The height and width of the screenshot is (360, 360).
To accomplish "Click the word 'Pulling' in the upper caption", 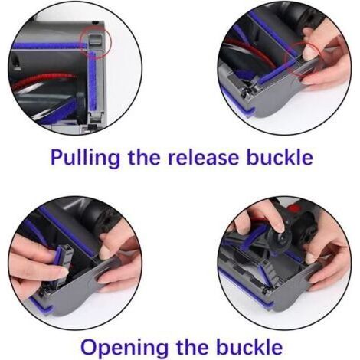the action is tap(85, 158).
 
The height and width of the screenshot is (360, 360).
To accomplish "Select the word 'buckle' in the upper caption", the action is tap(280, 157).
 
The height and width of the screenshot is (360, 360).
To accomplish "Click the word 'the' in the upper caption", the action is tap(144, 157).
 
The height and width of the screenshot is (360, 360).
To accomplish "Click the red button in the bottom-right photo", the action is tap(294, 208).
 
